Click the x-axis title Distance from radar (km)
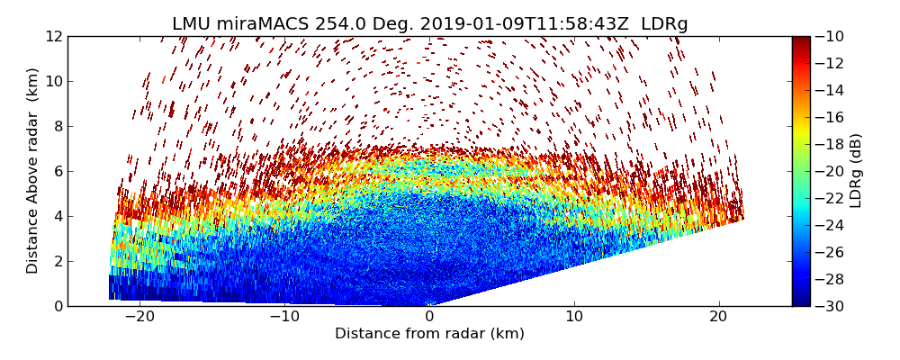(x=429, y=334)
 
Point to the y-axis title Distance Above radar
(x=33, y=170)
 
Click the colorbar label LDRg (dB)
(x=856, y=170)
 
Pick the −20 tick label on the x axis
(x=139, y=317)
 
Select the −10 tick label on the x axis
(x=284, y=317)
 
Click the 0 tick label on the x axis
(x=429, y=317)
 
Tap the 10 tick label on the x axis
(x=574, y=317)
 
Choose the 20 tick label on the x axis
(x=718, y=317)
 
